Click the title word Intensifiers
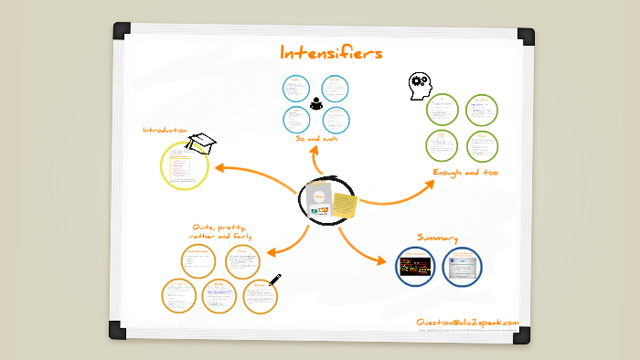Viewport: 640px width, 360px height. [x=331, y=54]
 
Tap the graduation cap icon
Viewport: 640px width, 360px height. [x=202, y=142]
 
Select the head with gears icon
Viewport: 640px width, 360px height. [x=419, y=85]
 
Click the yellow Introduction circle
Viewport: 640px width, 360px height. [x=186, y=165]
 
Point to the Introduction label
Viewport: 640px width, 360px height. [x=165, y=131]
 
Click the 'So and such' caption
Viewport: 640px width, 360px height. [x=316, y=139]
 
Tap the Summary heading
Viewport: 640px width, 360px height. [x=437, y=238]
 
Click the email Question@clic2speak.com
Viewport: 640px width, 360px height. [x=466, y=323]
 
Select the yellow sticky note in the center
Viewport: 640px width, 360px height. [x=345, y=205]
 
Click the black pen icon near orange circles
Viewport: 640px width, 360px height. [x=275, y=281]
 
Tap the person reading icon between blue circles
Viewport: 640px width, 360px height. [x=316, y=103]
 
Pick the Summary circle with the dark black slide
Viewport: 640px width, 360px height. [x=415, y=267]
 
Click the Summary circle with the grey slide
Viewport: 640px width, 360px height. [x=461, y=267]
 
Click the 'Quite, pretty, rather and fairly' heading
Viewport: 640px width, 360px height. [x=221, y=231]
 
